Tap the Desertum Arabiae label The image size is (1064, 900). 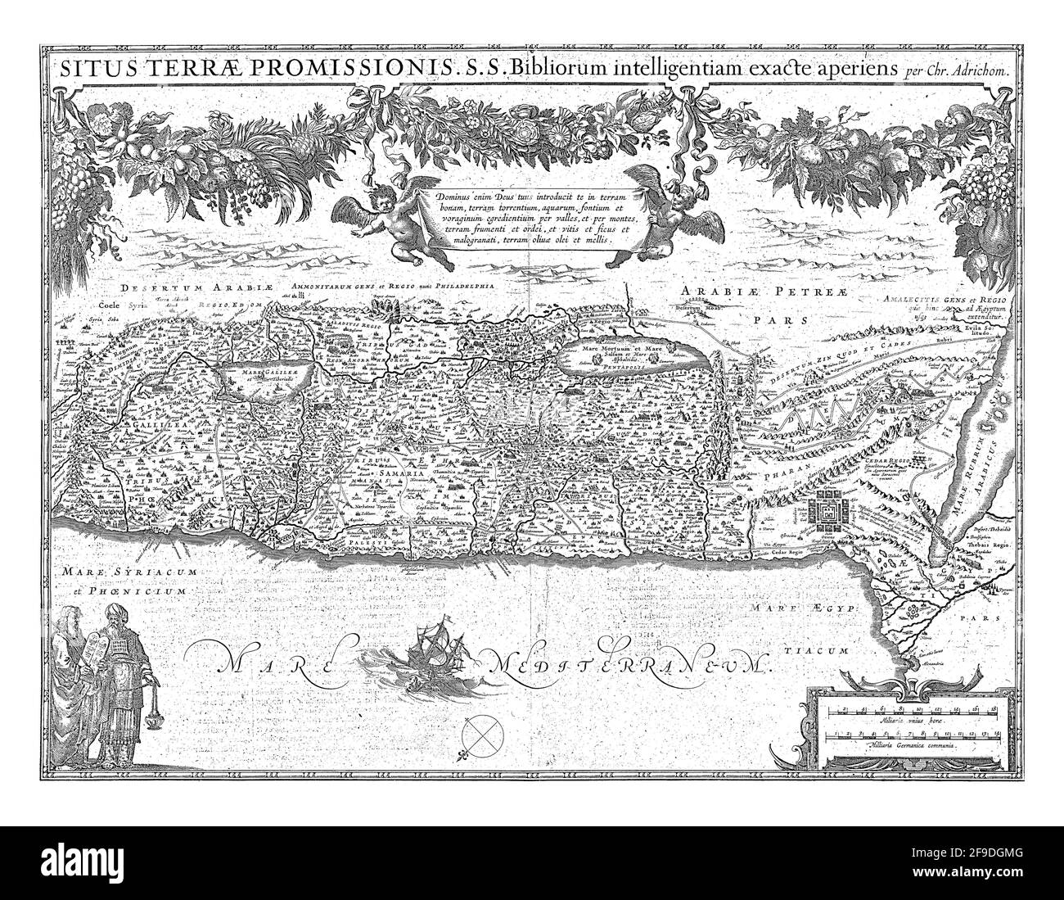click(x=174, y=288)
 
